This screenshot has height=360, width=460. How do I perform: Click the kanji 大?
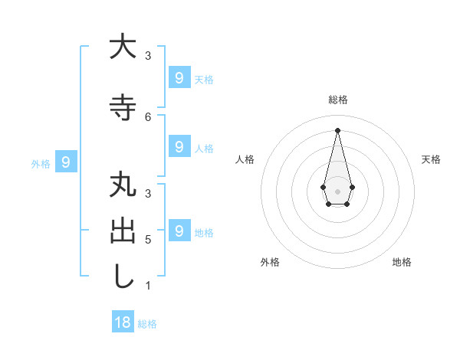123,47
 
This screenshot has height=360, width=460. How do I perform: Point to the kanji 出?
123,232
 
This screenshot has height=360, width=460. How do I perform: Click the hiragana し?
123,277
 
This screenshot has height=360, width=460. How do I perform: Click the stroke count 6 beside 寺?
148,116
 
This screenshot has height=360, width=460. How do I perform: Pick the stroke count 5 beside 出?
148,240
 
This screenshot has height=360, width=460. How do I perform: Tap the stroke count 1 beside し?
148,286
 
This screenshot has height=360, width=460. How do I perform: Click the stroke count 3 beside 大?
148,55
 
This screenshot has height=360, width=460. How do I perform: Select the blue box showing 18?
123,322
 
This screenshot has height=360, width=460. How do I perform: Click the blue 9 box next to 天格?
179,77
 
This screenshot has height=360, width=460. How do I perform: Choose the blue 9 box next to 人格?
179,146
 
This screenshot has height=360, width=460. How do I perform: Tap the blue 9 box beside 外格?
66,162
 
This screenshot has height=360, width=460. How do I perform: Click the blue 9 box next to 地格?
179,230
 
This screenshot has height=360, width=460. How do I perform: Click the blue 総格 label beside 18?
147,324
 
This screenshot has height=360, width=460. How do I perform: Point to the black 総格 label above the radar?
337,100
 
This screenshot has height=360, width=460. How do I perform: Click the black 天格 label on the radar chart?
431,159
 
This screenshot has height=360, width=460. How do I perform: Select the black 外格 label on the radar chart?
270,262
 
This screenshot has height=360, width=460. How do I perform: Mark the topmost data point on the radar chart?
337,129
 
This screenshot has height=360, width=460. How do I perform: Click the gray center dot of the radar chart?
337,191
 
